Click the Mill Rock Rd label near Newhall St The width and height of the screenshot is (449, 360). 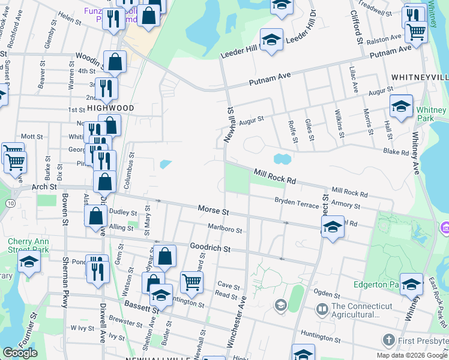click(x=274, y=175)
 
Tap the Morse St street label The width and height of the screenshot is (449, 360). click(x=214, y=211)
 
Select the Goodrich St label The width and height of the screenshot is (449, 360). click(x=210, y=247)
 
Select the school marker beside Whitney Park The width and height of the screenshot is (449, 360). click(x=401, y=106)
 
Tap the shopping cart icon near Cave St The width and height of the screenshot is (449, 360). click(x=191, y=281)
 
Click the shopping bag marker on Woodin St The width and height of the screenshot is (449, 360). click(x=115, y=61)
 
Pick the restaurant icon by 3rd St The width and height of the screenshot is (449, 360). click(x=106, y=88)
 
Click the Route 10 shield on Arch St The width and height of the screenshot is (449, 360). click(x=11, y=204)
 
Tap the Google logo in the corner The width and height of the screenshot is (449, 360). click(x=20, y=353)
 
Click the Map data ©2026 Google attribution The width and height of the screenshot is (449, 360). click(x=412, y=355)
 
